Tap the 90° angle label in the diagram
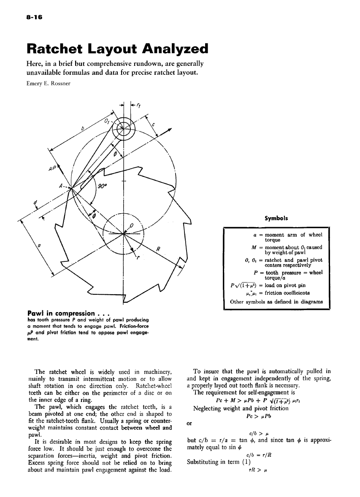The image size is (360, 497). pos(103,187)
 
